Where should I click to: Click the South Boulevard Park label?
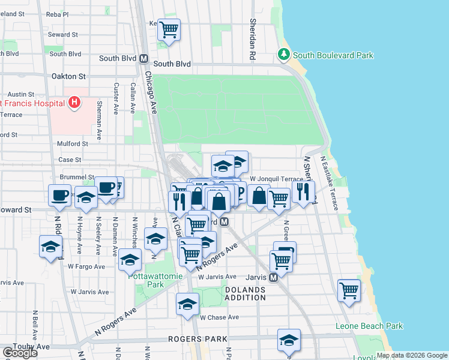click(333, 56)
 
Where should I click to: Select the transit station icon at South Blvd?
click(143, 59)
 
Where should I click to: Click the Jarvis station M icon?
click(273, 278)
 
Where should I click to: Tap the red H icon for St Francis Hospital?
click(74, 103)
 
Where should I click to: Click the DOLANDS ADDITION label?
click(245, 293)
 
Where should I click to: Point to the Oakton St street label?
click(69, 77)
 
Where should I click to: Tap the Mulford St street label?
click(73, 144)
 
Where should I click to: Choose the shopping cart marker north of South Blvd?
click(169, 28)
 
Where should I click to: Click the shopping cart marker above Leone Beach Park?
click(349, 290)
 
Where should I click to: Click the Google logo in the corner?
click(20, 353)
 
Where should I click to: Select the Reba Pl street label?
click(58, 14)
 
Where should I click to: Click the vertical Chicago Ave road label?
click(151, 93)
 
